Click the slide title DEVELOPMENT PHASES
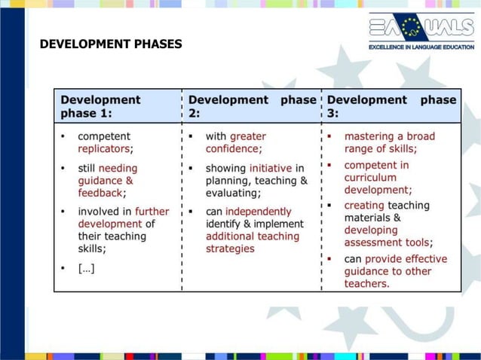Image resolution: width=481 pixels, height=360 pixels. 111,44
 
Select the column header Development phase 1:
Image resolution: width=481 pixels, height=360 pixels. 100,106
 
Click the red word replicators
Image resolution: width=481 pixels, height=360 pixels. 104,149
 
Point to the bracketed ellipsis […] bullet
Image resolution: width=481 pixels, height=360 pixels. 87,267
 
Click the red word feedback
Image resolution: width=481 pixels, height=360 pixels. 100,193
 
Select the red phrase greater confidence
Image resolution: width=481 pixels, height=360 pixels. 235,142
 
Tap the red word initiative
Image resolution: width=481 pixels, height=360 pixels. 270,168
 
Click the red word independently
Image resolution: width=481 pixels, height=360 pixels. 258,212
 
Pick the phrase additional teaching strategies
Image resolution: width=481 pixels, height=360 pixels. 252,243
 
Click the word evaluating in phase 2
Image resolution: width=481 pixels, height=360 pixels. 232,193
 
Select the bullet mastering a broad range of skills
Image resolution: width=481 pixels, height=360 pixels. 389,142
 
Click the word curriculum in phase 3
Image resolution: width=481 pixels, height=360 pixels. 370,178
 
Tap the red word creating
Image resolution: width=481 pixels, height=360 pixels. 364,205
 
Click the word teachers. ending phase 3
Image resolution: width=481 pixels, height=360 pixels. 367,284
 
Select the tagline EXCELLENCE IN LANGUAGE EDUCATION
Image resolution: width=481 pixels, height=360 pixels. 421,47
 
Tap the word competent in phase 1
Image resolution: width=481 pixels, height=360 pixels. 104,136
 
